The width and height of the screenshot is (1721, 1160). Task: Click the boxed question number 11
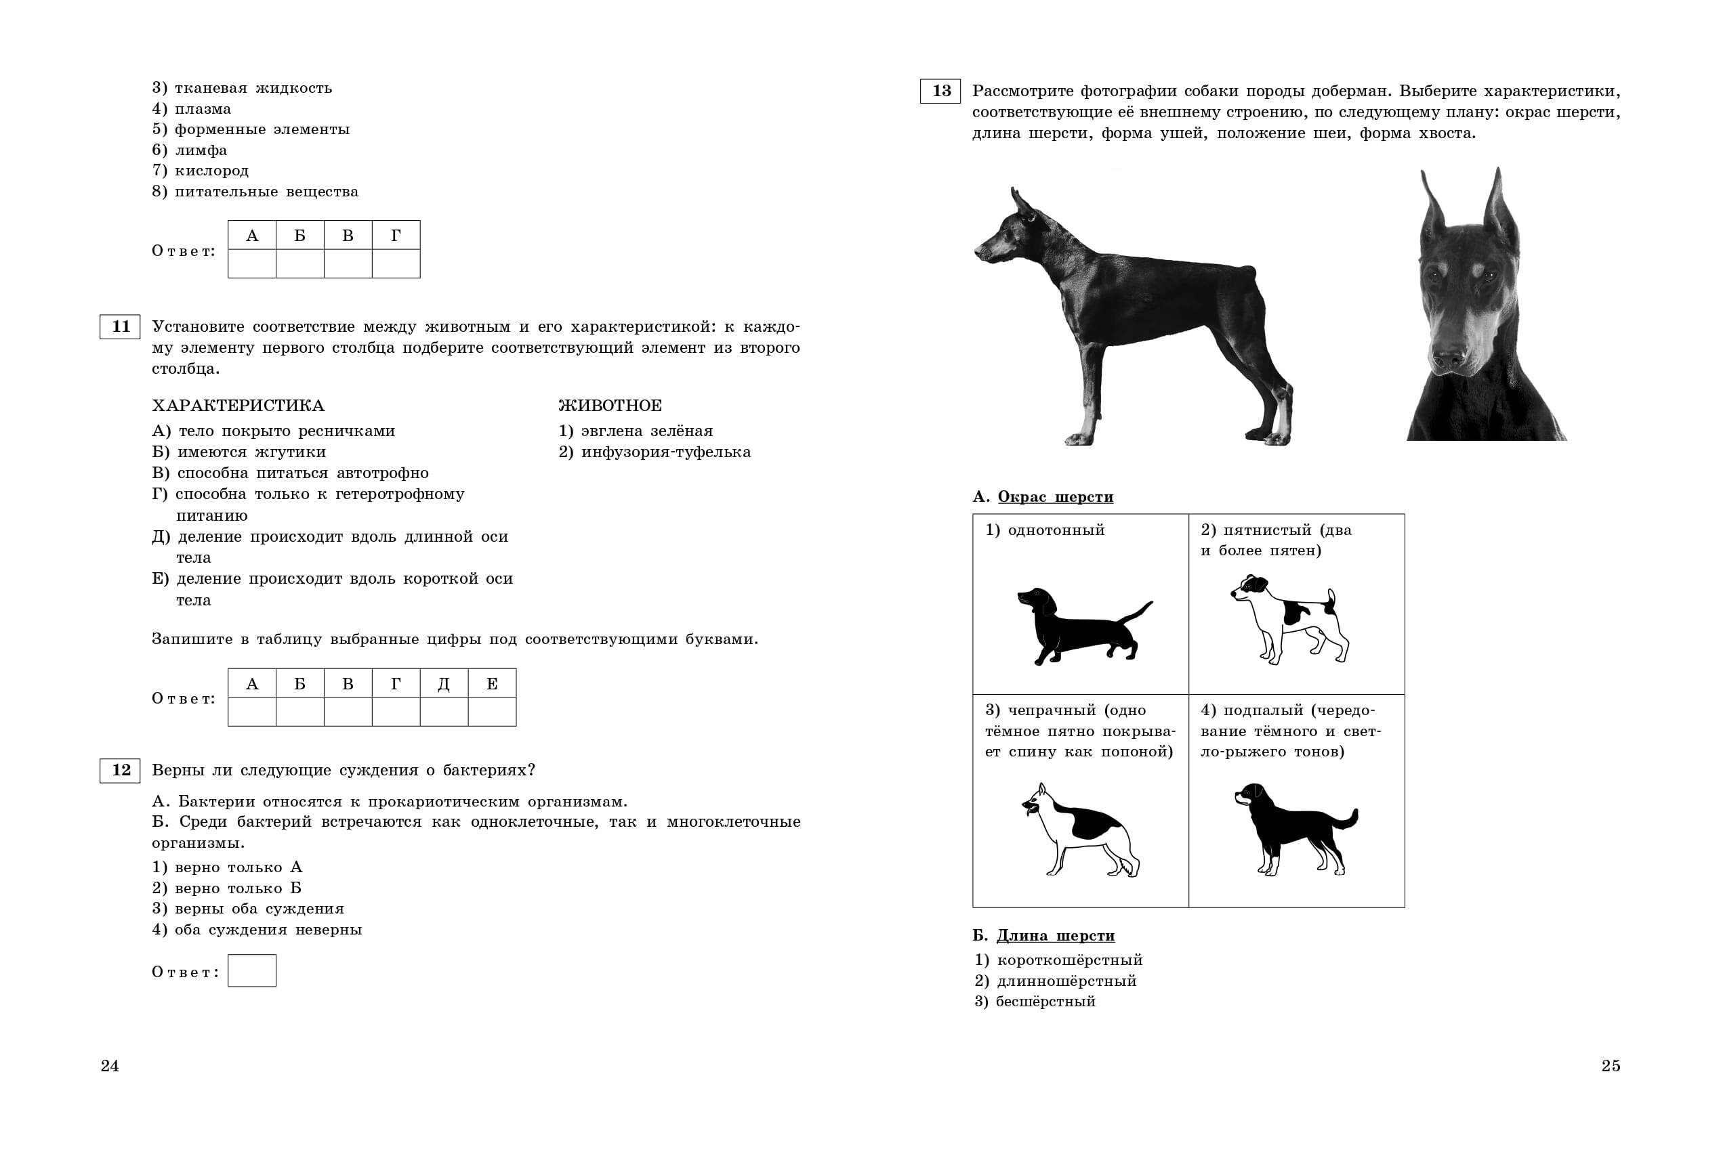pos(120,326)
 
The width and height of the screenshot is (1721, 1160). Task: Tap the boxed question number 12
pos(120,770)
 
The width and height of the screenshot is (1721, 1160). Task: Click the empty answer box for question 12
pos(251,970)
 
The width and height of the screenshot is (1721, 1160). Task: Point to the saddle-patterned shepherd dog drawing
pos(1081,830)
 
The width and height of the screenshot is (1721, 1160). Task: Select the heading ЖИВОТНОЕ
pos(610,406)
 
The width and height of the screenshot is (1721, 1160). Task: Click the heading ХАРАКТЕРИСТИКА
pos(238,406)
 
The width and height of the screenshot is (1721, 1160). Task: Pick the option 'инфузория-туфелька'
pos(665,452)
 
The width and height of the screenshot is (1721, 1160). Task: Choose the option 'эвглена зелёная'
pos(646,431)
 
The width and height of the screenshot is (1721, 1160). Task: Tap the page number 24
pos(110,1065)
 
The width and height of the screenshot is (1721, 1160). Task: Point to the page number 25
pos(1611,1065)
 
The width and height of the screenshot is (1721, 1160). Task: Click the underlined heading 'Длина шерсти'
pos(1056,936)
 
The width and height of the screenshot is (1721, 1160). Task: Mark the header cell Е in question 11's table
pos(491,683)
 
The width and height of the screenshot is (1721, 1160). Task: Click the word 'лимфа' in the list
pos(201,150)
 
